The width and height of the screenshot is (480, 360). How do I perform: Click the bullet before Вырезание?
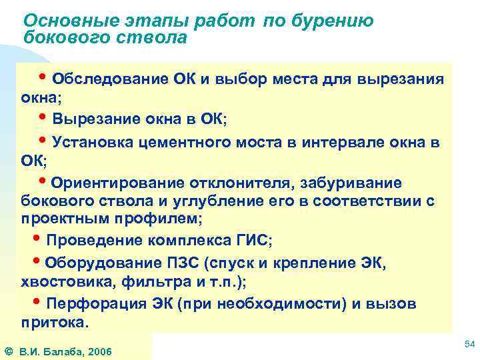(45, 118)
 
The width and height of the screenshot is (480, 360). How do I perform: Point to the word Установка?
(92, 142)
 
